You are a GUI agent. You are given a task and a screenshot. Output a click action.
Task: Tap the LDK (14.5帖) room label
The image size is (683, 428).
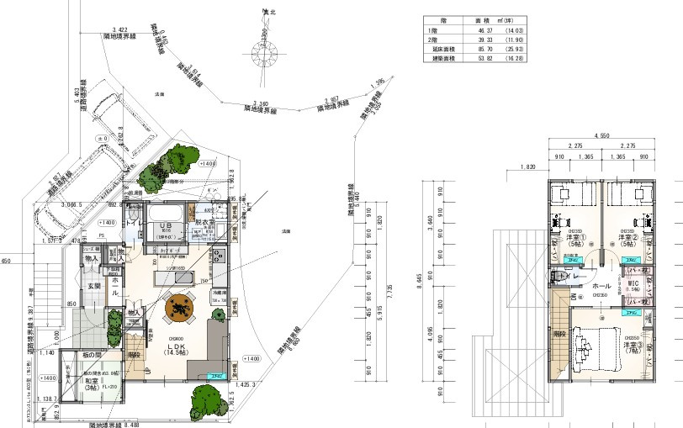175,349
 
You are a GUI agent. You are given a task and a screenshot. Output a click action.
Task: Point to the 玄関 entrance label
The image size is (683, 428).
95,287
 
